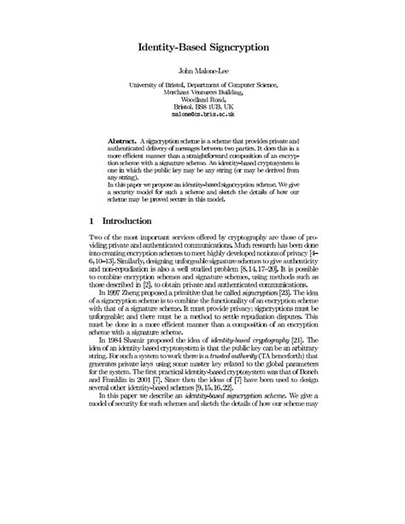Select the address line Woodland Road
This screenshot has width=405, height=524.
(202, 99)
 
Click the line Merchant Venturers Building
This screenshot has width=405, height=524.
(202, 92)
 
